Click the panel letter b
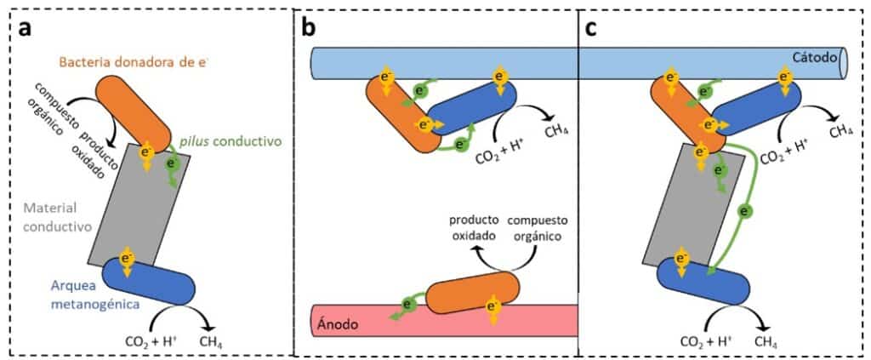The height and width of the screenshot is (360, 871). [308, 27]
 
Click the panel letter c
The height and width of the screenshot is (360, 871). [591, 27]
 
